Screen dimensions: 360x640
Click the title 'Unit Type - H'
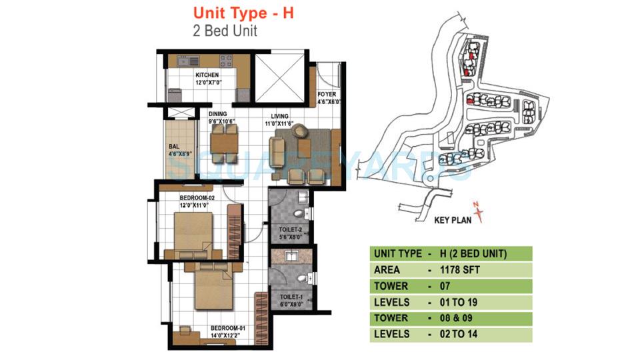[244, 12]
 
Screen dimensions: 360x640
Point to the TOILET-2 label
[290, 231]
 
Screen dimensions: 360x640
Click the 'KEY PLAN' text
[455, 219]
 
